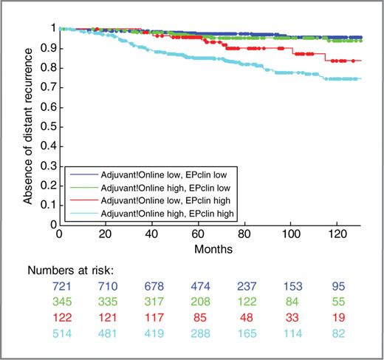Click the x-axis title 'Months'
(x=209, y=248)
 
